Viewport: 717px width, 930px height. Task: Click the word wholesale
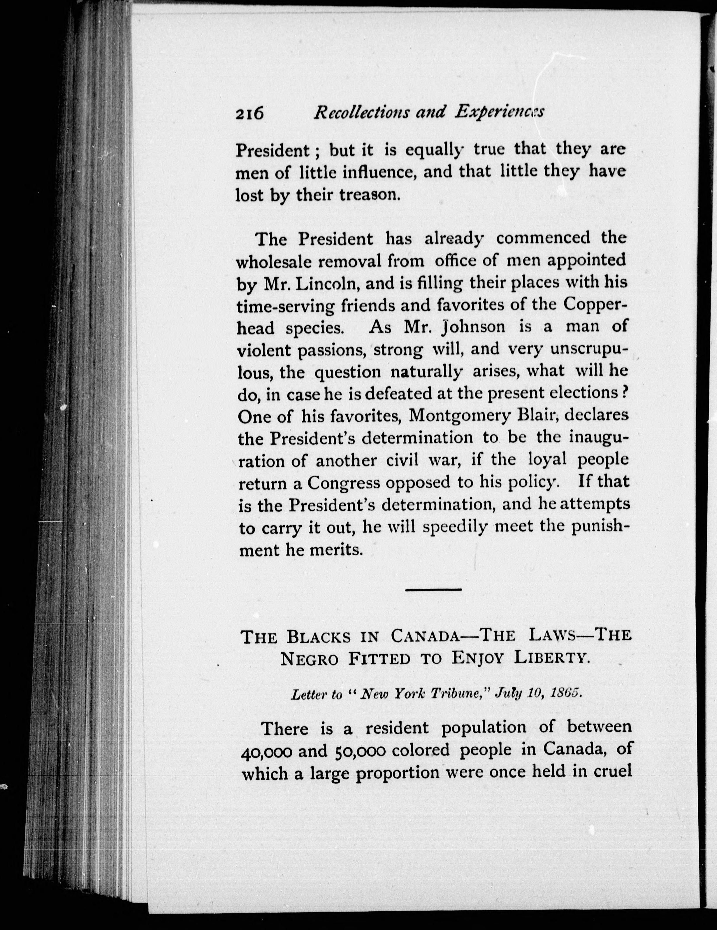point(275,260)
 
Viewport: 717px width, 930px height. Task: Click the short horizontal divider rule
point(433,589)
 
